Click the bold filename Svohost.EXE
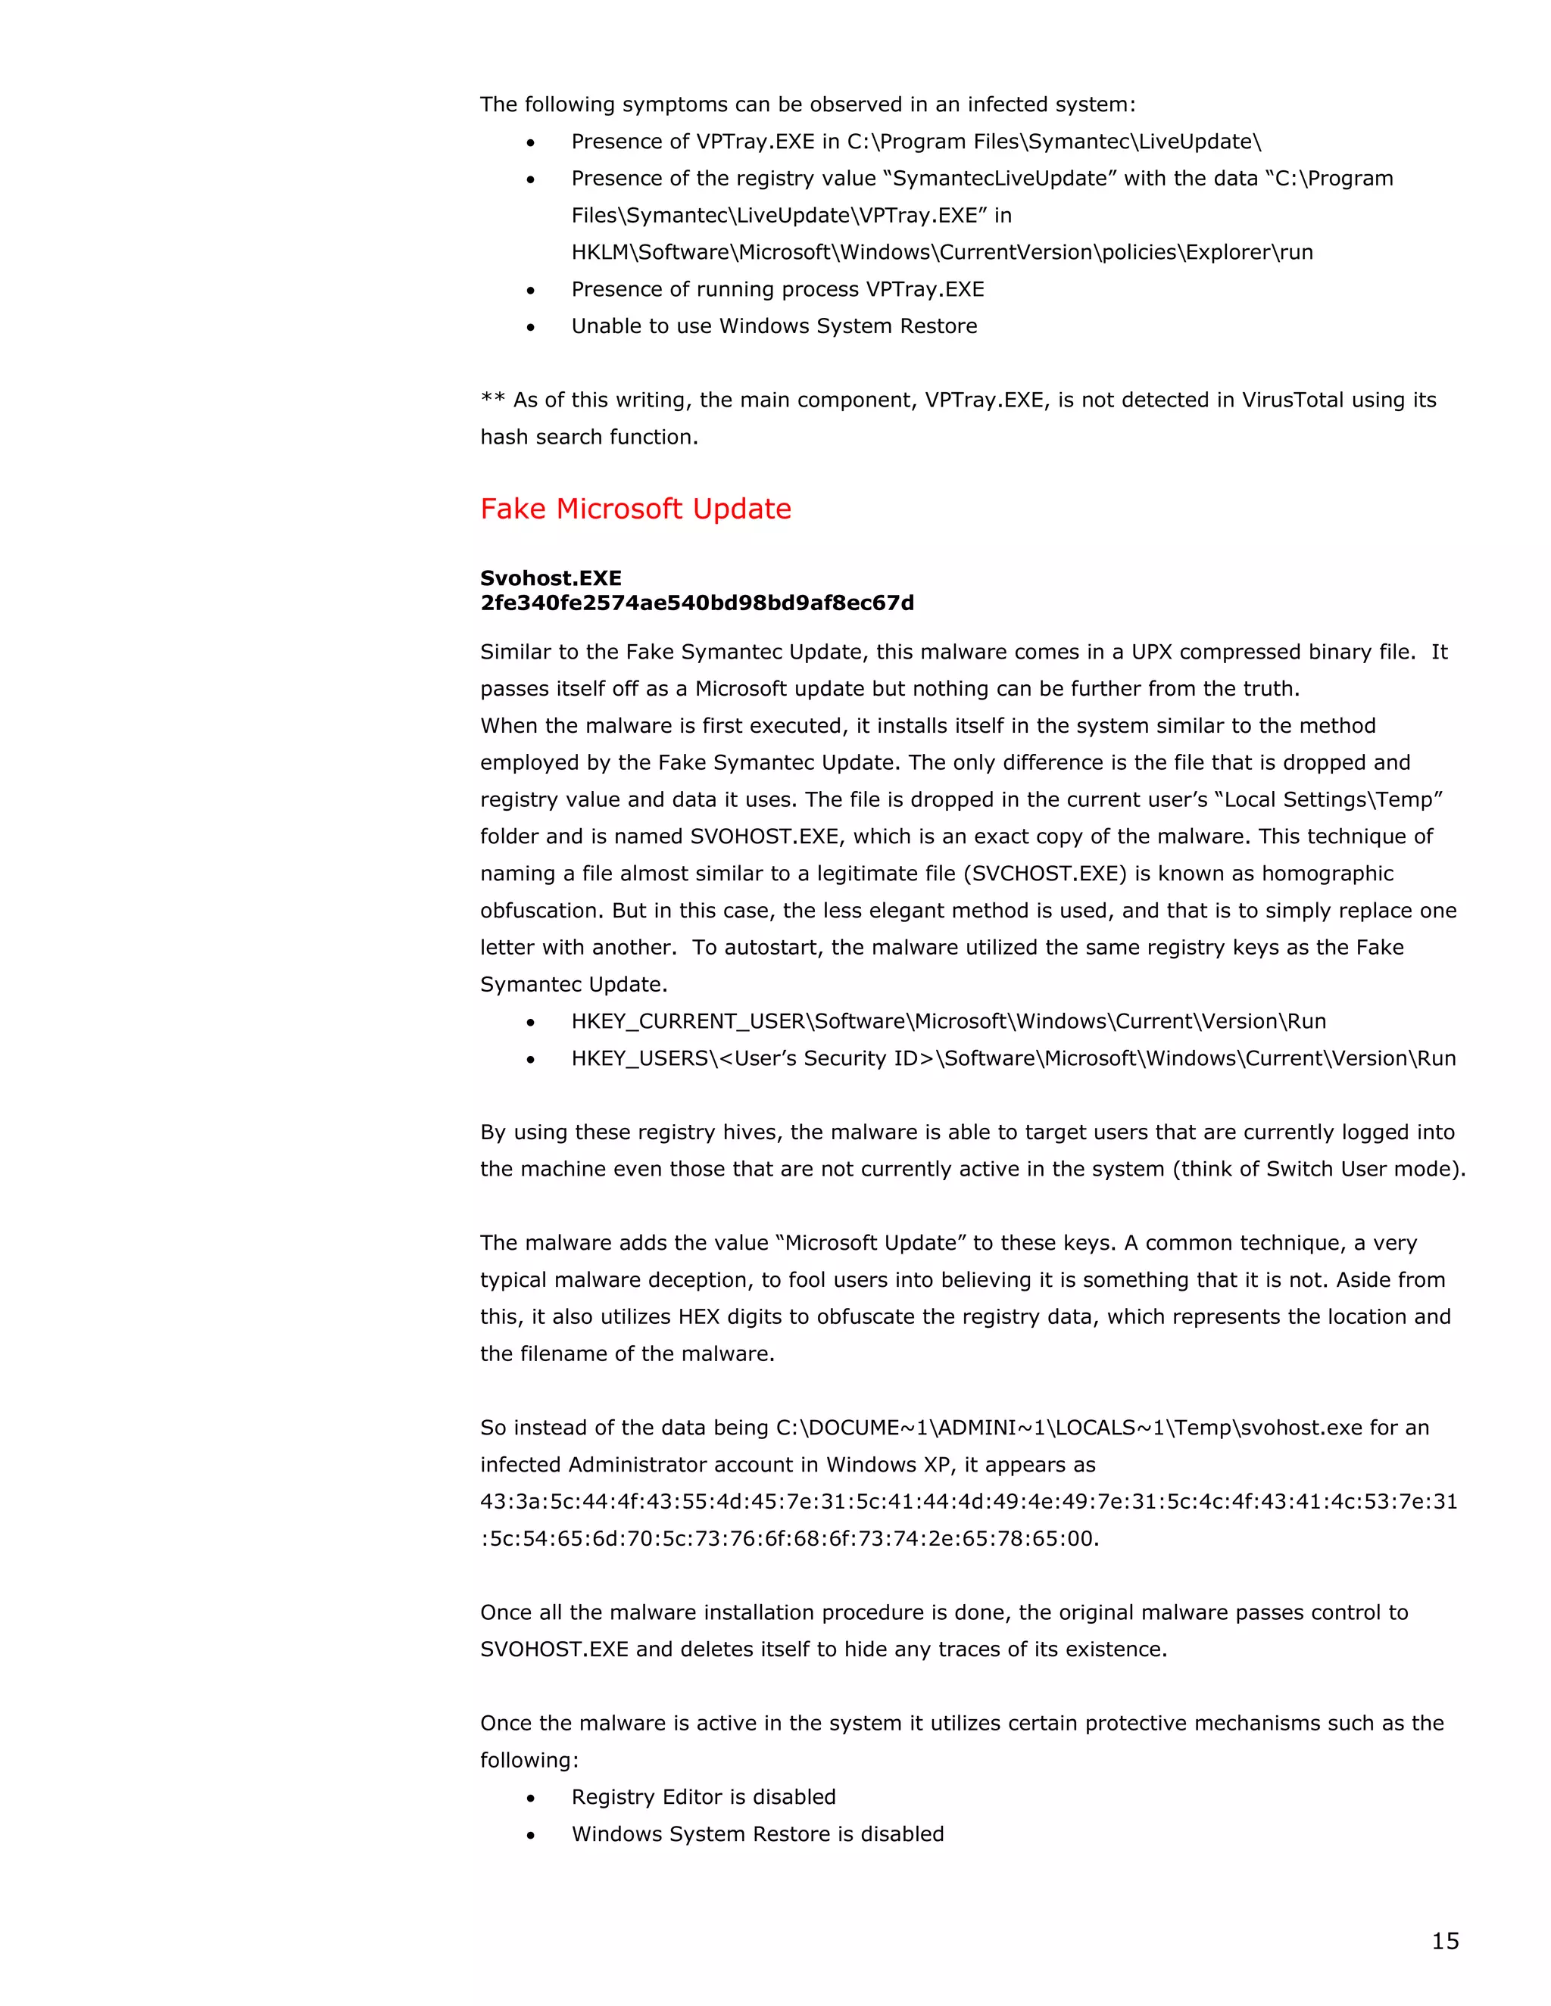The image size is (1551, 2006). click(x=551, y=578)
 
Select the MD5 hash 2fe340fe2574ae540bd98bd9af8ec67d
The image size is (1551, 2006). click(x=697, y=603)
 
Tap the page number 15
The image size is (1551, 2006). click(x=1444, y=1940)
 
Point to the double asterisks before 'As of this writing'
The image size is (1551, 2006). click(x=492, y=400)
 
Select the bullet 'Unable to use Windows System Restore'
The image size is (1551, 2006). click(x=774, y=326)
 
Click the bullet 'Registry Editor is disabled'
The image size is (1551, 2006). click(x=703, y=1796)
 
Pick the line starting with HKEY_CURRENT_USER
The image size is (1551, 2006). click(x=948, y=1021)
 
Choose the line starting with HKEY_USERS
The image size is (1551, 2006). click(x=1013, y=1058)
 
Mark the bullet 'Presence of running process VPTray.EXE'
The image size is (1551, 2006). click(x=777, y=289)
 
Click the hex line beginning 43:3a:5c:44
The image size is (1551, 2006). click(x=969, y=1502)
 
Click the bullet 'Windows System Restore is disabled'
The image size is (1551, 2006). click(x=757, y=1833)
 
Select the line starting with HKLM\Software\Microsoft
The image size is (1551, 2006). click(x=942, y=253)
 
